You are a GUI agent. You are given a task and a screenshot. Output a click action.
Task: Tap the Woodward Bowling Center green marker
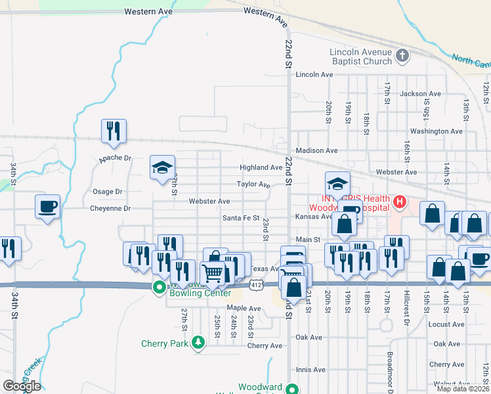[159, 288]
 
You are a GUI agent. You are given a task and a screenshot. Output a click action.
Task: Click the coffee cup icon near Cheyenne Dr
[48, 206]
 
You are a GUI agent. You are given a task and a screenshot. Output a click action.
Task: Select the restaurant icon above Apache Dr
[114, 131]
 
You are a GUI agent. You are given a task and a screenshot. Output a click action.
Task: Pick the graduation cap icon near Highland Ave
[162, 167]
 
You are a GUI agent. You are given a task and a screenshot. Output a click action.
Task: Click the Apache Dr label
[115, 158]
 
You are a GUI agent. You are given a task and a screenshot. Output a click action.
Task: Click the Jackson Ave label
[420, 94]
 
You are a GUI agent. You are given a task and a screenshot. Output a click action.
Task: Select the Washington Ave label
[437, 131]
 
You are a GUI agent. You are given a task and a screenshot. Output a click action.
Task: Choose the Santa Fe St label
[241, 218]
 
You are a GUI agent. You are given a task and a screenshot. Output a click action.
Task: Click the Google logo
[21, 386]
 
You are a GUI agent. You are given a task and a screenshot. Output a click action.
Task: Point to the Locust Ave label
[447, 324]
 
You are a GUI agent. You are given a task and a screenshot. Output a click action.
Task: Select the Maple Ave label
[244, 308]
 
